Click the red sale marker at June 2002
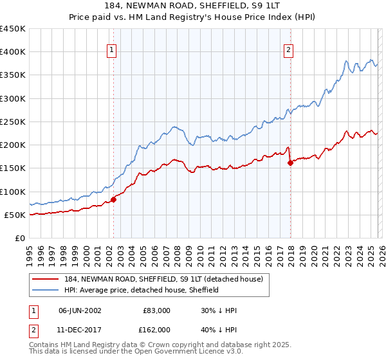pyautogui.click(x=114, y=199)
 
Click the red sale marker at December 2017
pyautogui.click(x=290, y=163)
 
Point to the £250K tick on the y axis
pyautogui.click(x=13, y=122)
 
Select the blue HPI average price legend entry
pyautogui.click(x=142, y=290)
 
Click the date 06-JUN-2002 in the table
pyautogui.click(x=80, y=310)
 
